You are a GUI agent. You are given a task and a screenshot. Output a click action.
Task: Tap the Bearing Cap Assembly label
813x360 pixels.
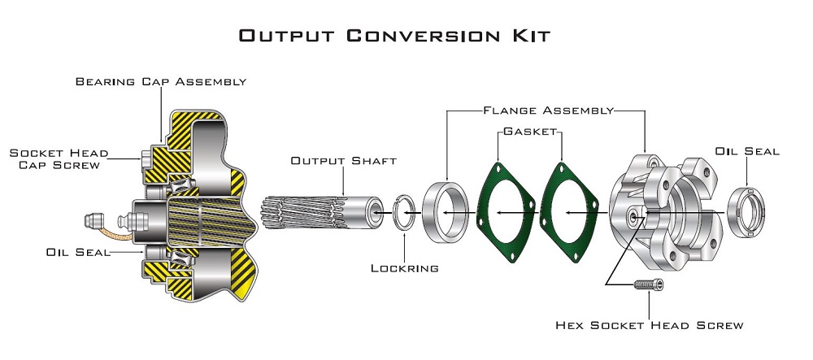point(161,81)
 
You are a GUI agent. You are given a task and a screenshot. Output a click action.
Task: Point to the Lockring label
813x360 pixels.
point(405,267)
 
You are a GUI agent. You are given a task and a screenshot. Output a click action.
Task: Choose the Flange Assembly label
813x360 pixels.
point(546,109)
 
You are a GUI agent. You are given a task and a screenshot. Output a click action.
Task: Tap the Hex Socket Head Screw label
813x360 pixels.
point(649,325)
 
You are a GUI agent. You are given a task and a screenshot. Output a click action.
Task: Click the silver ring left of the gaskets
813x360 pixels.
point(446,213)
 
